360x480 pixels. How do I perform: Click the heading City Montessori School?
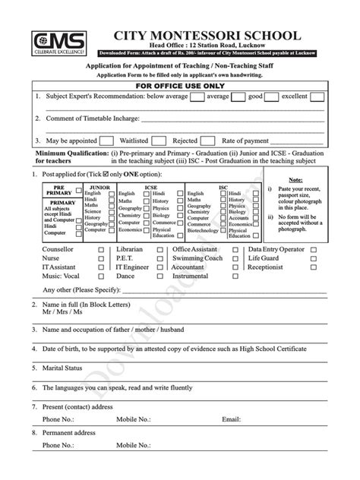pyautogui.click(x=201, y=36)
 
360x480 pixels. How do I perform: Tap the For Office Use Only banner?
pyautogui.click(x=180, y=87)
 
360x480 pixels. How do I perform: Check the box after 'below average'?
pyautogui.click(x=194, y=97)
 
